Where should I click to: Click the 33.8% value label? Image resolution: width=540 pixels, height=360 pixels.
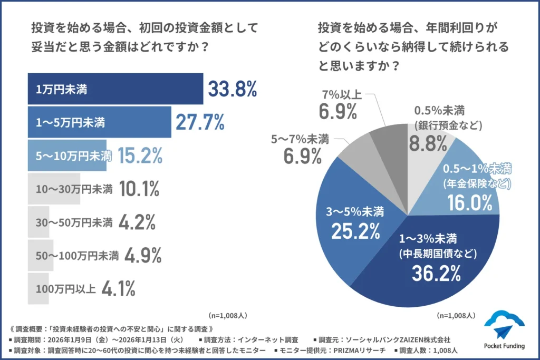[232, 90]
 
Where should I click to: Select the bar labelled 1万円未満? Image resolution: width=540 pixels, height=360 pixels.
[115, 89]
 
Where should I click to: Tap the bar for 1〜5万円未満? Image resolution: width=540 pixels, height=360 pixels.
[99, 122]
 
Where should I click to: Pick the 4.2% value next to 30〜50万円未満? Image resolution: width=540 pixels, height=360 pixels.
[137, 222]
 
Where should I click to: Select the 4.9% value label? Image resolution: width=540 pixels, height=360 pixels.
[142, 255]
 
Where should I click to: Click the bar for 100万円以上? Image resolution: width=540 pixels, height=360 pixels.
[38, 289]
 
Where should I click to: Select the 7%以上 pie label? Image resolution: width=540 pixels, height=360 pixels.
[341, 95]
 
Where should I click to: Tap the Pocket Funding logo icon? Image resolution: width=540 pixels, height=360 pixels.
[504, 325]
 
